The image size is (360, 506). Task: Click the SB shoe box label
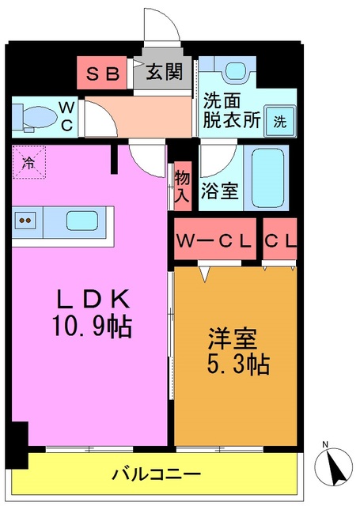point(104,74)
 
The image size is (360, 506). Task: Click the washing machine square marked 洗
point(280,122)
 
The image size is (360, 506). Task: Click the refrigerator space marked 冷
point(28,165)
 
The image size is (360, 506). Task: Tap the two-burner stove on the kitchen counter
point(25,221)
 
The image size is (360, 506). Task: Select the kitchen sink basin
point(81,221)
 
